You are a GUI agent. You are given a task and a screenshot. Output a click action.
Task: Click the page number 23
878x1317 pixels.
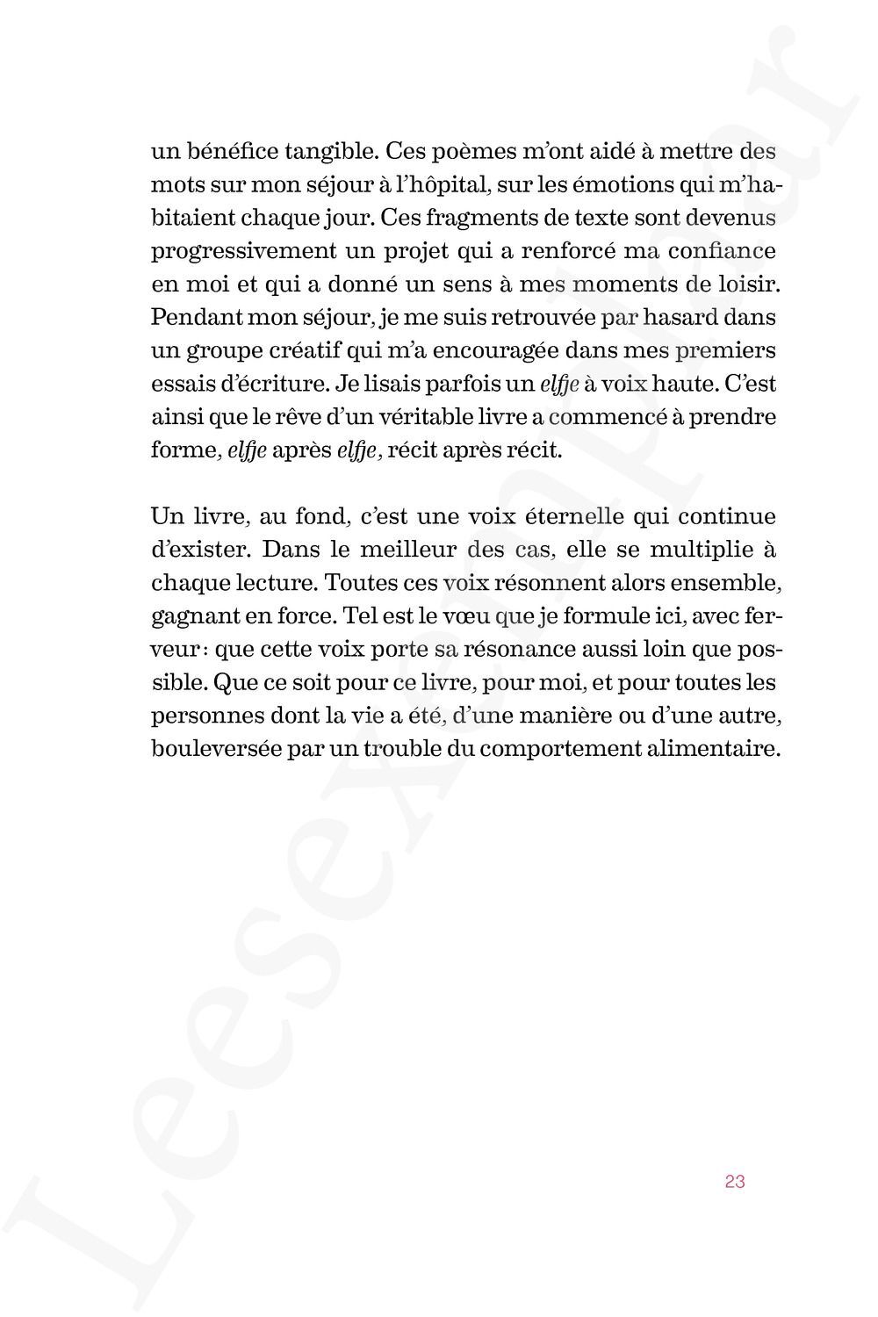click(735, 1181)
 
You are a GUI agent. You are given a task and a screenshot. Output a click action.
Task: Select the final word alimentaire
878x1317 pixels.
click(729, 749)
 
